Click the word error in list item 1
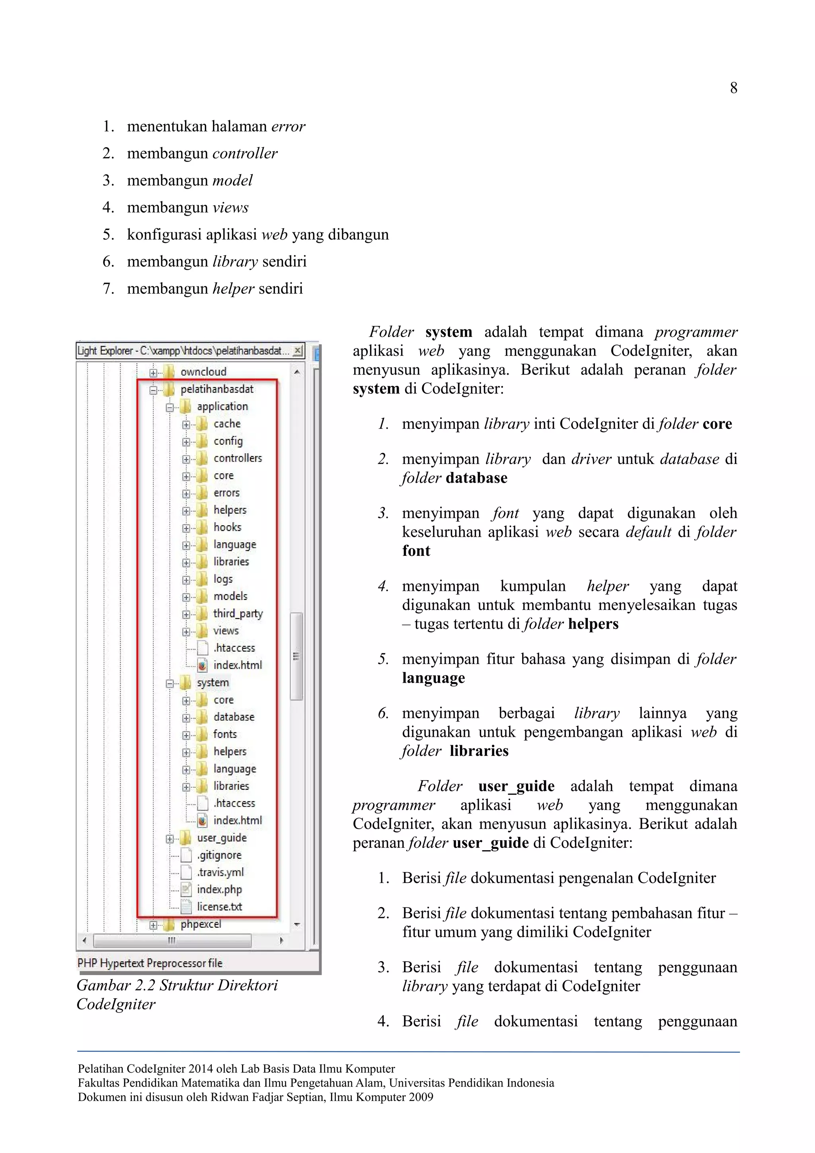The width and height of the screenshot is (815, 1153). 288,127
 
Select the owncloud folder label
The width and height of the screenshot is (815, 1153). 203,372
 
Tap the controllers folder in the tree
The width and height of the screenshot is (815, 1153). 237,458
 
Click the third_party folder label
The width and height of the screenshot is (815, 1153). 238,613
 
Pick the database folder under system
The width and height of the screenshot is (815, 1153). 234,717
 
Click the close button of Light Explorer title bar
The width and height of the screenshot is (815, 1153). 298,350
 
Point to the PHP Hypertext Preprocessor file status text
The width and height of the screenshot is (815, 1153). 150,963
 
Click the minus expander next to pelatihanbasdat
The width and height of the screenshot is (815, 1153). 153,390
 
